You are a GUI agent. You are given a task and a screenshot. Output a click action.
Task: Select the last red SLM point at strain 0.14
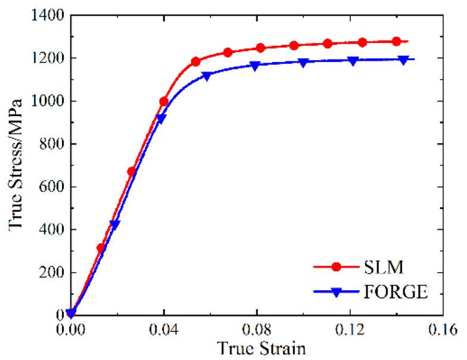[397, 41]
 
